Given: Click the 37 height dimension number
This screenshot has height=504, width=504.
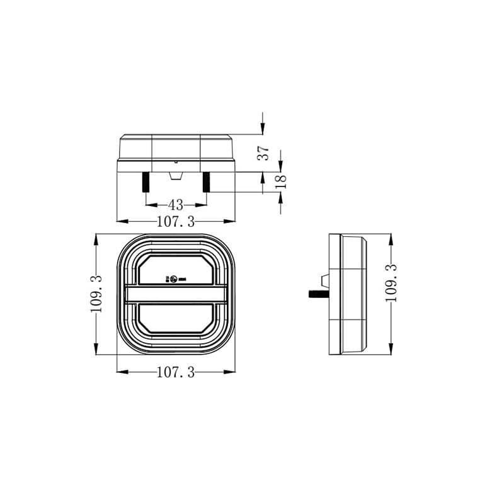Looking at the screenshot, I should (264, 152).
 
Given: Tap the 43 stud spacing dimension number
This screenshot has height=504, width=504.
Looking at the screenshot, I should (176, 205).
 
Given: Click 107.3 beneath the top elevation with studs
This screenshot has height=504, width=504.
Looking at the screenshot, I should (176, 221).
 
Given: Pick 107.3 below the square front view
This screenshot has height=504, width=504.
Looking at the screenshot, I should (175, 372).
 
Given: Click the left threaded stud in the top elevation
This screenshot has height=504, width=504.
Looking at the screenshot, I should (146, 183).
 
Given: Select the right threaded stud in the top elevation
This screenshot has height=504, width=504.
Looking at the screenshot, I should (206, 183).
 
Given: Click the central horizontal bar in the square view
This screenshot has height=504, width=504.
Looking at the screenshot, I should (175, 294).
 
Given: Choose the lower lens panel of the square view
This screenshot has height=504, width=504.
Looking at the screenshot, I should (175, 319).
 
